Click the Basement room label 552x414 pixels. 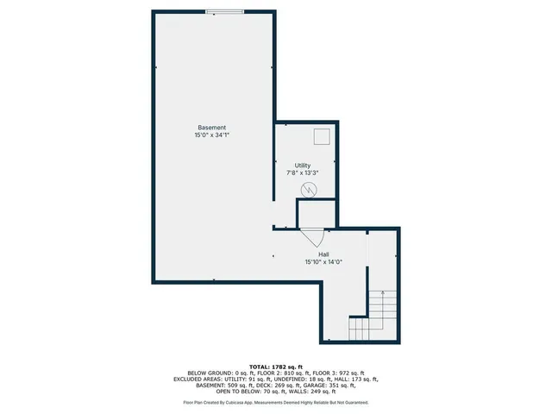tap(211, 128)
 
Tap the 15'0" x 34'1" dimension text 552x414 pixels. tap(211, 135)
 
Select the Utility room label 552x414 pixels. tap(303, 166)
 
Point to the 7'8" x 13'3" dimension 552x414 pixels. tap(303, 172)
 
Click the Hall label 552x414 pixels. tap(323, 254)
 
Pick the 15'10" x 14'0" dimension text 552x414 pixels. tap(323, 261)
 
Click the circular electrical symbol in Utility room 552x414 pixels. tap(309, 190)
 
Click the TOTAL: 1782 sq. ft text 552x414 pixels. tap(275, 367)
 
